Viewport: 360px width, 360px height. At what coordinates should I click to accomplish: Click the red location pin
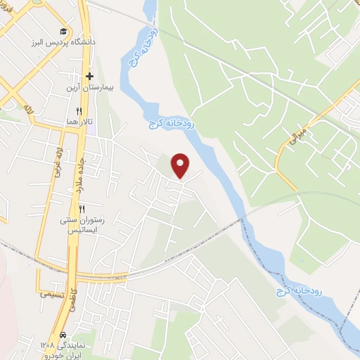(181, 165)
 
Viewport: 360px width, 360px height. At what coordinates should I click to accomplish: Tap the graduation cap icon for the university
(64, 31)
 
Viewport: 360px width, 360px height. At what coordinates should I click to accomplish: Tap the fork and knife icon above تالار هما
(79, 111)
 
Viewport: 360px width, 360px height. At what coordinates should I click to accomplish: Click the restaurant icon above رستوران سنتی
(82, 209)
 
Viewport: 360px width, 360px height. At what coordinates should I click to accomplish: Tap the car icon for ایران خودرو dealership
(64, 335)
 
